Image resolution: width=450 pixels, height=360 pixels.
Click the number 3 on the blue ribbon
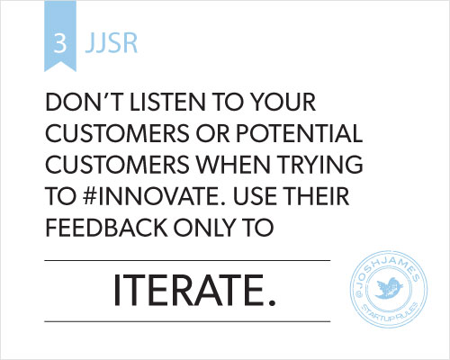pos(60,43)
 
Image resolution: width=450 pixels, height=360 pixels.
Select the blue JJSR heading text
pos(112,43)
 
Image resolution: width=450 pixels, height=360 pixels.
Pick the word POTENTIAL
pos(300,133)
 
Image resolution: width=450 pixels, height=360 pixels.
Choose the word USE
pos(255,195)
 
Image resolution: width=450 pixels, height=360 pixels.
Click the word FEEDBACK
pos(106,227)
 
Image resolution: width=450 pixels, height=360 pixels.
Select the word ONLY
pos(206,227)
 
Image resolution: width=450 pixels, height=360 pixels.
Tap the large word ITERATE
pos(194,290)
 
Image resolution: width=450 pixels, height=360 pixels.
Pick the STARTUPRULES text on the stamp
pos(390,313)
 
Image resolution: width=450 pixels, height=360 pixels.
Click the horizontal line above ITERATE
pos(187,261)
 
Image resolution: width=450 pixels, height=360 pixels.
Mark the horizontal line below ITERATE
pos(187,321)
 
